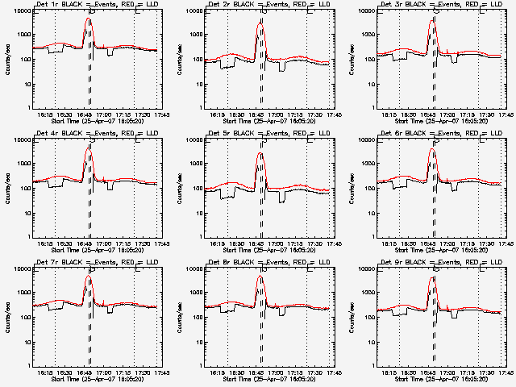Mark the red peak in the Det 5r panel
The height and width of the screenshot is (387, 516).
pyautogui.click(x=261, y=152)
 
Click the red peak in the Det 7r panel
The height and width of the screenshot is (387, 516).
pyautogui.click(x=89, y=277)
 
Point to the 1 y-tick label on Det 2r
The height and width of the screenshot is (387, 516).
pyautogui.click(x=200, y=108)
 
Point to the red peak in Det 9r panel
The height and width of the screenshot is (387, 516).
pyautogui.click(x=433, y=277)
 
